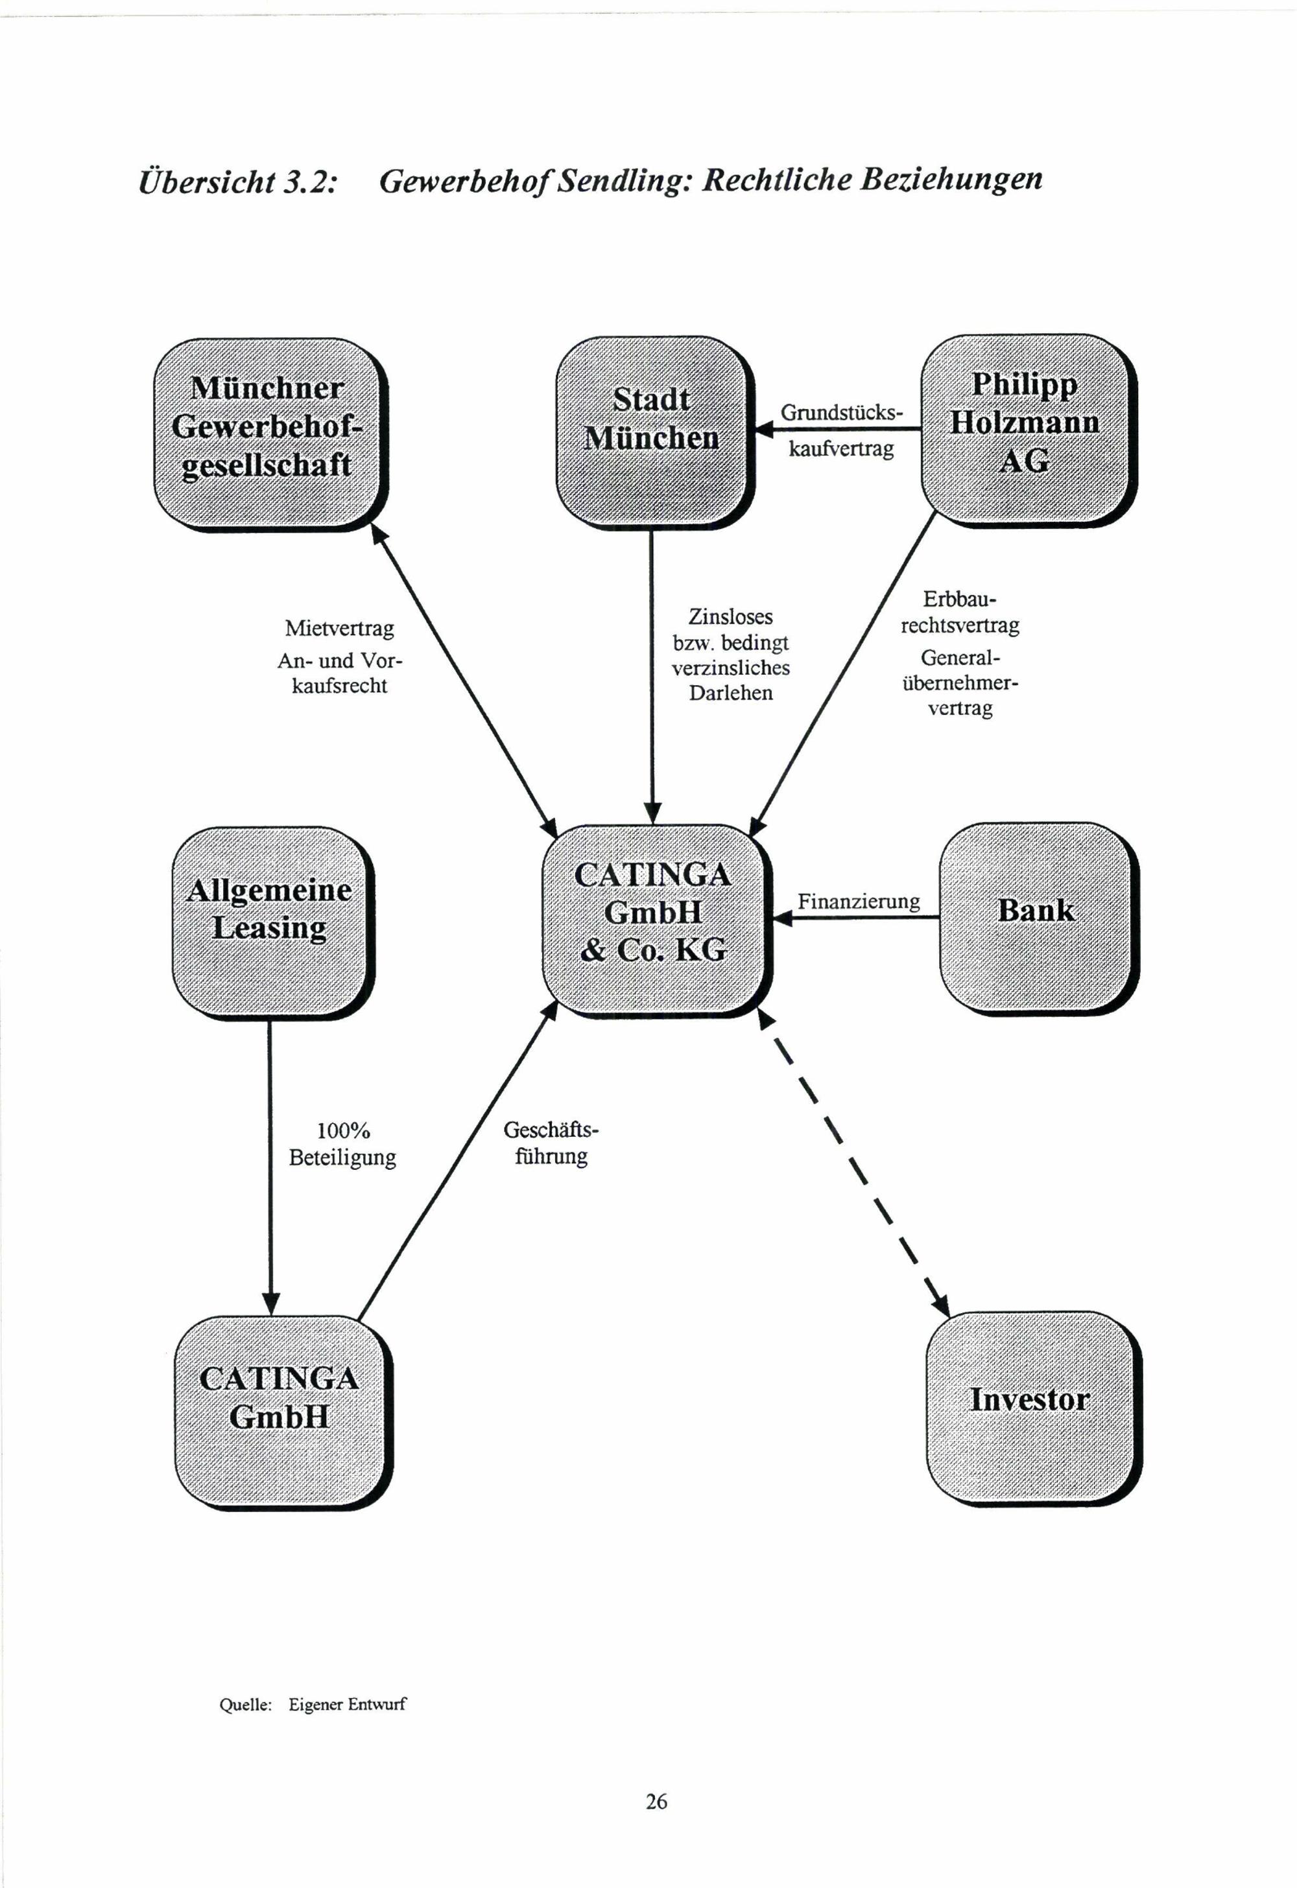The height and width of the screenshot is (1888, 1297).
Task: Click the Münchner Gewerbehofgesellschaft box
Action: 270,435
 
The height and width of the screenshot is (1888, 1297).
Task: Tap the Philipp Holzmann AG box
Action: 1028,430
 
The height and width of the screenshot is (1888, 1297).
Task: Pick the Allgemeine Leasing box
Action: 273,923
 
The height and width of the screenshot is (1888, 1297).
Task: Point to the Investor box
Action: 1034,1407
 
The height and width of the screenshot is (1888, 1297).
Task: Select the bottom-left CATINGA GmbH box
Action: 283,1412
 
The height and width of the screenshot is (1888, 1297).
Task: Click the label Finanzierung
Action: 858,902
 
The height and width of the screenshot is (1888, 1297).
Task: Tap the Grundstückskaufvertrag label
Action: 841,430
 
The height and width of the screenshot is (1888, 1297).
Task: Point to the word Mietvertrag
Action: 339,629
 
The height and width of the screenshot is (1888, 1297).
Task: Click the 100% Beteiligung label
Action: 342,1144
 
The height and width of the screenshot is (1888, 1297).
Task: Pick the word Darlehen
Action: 731,693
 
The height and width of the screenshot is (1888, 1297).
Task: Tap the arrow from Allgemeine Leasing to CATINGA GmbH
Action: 270,1168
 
